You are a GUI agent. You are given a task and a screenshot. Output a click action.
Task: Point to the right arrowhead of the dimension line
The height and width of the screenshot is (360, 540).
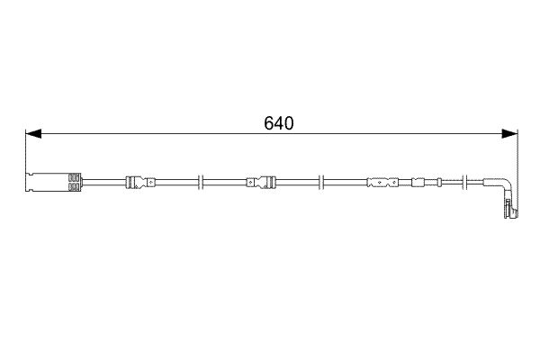pos(512,134)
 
